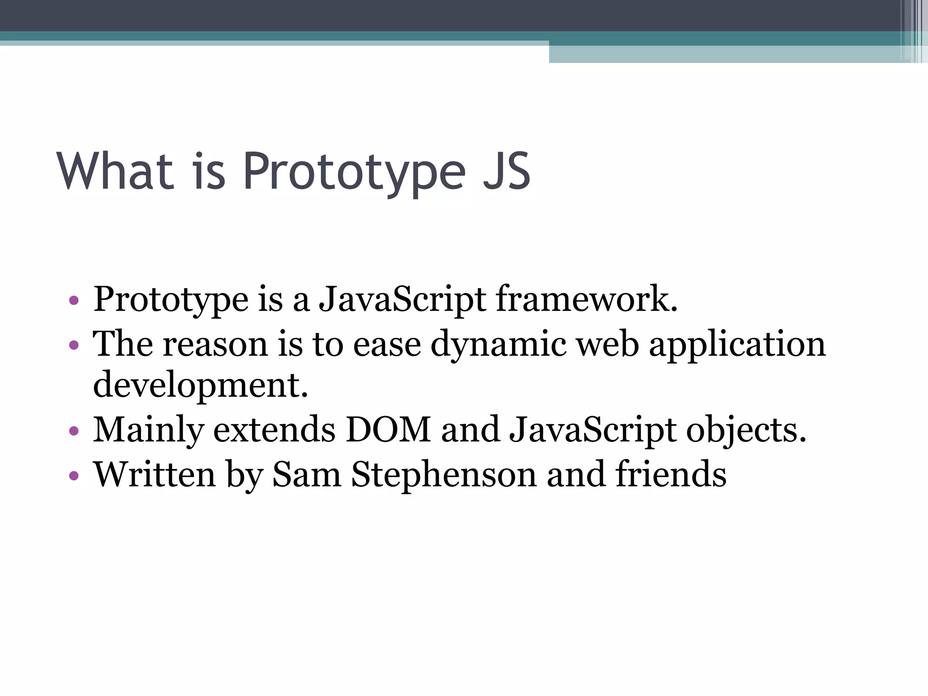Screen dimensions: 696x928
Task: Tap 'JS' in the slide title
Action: pyautogui.click(x=506, y=171)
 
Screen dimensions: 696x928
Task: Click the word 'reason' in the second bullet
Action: pyautogui.click(x=215, y=344)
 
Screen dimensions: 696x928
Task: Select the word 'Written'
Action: pyautogui.click(x=155, y=474)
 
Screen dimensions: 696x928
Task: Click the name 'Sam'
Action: pyautogui.click(x=307, y=474)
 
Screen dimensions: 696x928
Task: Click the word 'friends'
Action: pyautogui.click(x=671, y=474)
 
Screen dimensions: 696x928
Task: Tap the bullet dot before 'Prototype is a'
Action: pyautogui.click(x=74, y=300)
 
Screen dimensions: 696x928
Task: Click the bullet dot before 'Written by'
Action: pyautogui.click(x=74, y=476)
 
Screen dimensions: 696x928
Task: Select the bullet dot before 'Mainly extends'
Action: pyautogui.click(x=74, y=430)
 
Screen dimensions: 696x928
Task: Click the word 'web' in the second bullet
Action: pyautogui.click(x=608, y=344)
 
